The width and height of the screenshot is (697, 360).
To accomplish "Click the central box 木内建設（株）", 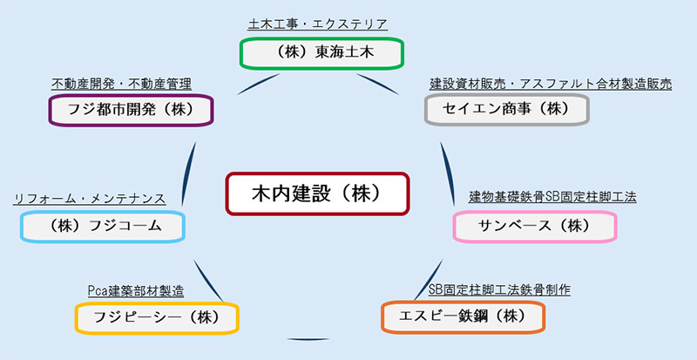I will [317, 193].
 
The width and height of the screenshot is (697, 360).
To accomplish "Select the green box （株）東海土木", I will [321, 52].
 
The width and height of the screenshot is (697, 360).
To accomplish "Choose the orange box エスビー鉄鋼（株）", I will [463, 315].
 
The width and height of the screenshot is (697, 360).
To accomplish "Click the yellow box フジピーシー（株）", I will [157, 316].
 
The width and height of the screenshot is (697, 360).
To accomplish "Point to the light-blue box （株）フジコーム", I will [102, 226].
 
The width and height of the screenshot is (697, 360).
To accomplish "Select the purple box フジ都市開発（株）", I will [131, 110].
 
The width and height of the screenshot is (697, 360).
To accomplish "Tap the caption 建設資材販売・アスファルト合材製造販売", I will [552, 84].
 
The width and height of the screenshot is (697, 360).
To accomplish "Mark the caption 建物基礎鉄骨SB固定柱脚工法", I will [552, 197].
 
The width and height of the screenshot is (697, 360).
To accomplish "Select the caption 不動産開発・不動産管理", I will [121, 84].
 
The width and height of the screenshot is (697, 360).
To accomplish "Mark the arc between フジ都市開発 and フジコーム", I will [189, 170].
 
